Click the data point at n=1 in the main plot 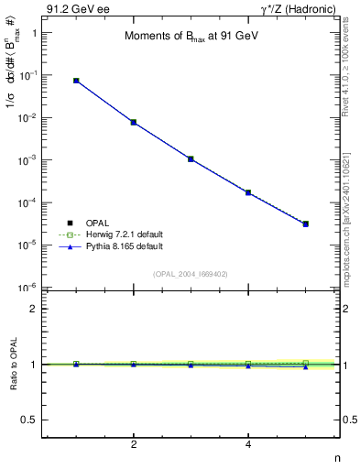click(x=76, y=81)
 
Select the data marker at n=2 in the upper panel click(x=134, y=122)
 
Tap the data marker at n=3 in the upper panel click(x=191, y=158)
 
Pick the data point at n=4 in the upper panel click(x=248, y=192)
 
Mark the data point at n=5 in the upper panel click(x=306, y=224)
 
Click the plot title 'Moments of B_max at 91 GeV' click(x=190, y=38)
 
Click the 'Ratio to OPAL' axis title click(x=14, y=365)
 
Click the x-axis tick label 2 click(x=134, y=445)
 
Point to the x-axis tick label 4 click(x=248, y=445)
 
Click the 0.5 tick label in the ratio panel click(x=30, y=420)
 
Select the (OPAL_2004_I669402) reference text click(x=191, y=273)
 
